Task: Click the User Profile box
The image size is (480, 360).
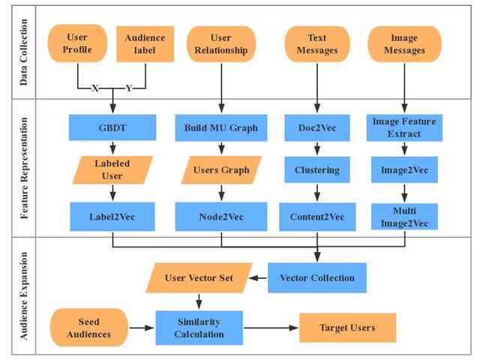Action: point(77,43)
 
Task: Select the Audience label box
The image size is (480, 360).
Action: point(145,44)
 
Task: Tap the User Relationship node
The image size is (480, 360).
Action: point(221,44)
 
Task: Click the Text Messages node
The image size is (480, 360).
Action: point(317,44)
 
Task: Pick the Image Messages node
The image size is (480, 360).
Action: point(404,44)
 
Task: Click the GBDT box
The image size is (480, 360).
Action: point(112,127)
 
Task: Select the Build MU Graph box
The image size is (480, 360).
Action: point(221,128)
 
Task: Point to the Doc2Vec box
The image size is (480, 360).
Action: point(317,128)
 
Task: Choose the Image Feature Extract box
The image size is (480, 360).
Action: point(404,128)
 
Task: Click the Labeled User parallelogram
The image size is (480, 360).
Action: point(112,170)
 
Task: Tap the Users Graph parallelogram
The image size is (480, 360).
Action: point(221,170)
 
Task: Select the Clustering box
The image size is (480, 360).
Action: point(317,170)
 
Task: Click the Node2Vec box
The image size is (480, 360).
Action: point(221,217)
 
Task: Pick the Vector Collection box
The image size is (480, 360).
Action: point(317,278)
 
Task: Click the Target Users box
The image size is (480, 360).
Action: point(347,328)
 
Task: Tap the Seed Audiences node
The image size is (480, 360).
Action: point(88,328)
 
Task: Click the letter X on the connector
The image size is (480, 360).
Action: point(95,88)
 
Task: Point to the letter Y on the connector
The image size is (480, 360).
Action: point(129,88)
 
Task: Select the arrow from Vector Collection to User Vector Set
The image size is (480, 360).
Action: point(258,278)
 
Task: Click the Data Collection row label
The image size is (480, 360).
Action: point(23,52)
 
